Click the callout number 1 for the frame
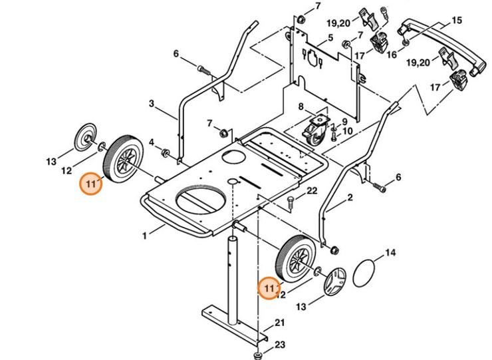[x=144, y=235]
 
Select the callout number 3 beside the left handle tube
[x=152, y=104]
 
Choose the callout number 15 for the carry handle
[x=457, y=21]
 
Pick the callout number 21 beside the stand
[x=280, y=323]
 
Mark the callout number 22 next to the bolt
[x=312, y=191]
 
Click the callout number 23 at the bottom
[x=280, y=345]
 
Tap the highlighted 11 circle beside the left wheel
[x=90, y=183]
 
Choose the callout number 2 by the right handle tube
[x=350, y=198]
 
